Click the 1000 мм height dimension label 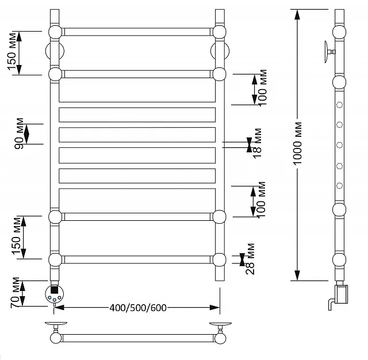coord(297,143)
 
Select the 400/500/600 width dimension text coord(138,308)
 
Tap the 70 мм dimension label coord(15,293)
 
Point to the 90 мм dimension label coord(19,133)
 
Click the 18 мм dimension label coord(257,143)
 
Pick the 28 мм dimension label coord(250,259)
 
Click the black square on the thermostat coord(54,290)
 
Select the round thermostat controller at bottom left coord(54,293)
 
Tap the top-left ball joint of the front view coord(55,32)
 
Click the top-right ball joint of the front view coord(220,32)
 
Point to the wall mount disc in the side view coord(327,52)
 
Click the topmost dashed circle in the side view coord(340,105)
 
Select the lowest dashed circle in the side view coord(340,186)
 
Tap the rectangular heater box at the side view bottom coord(342,294)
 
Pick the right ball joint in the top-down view coord(220,338)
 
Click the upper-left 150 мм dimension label coord(12,52)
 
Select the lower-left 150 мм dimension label coord(17,236)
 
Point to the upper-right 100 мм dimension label coord(262,87)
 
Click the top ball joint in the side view coord(339,32)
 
